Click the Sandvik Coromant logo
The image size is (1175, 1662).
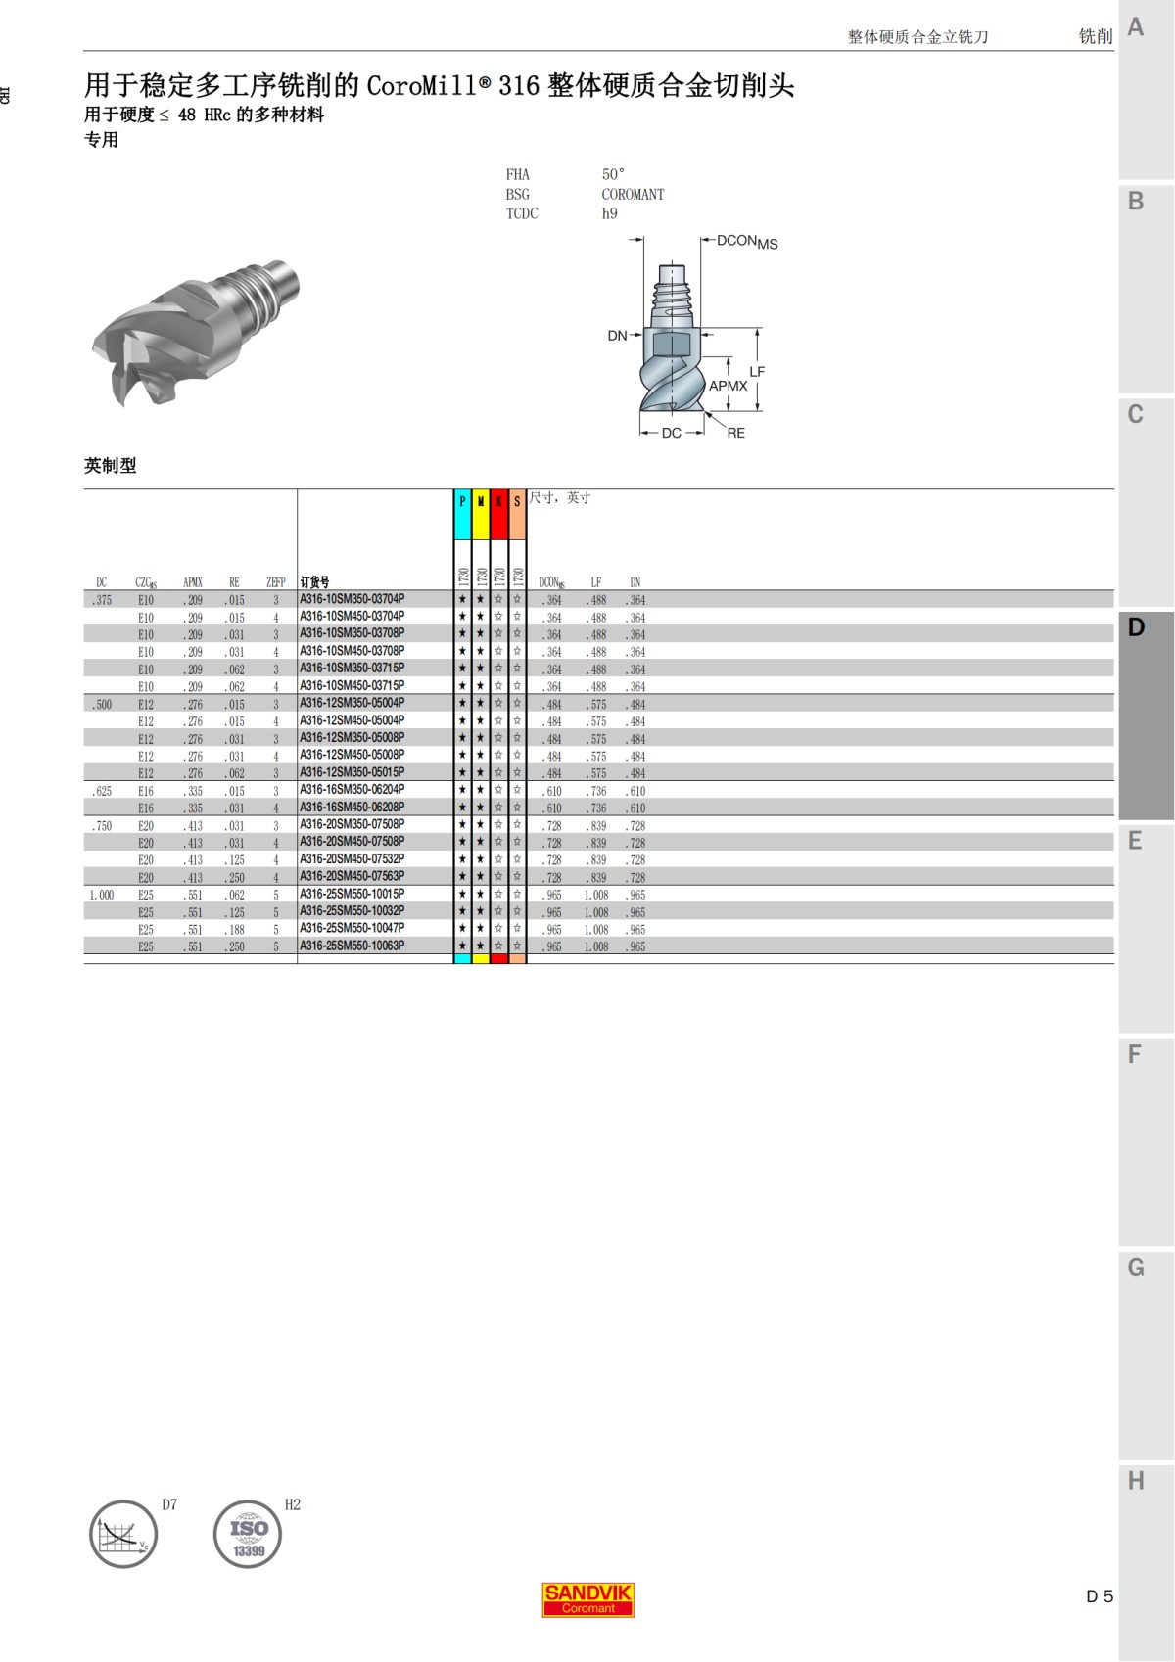point(588,1598)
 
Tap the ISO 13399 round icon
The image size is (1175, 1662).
point(248,1534)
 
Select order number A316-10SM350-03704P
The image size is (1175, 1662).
point(352,599)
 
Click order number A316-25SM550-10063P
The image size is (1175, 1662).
point(352,946)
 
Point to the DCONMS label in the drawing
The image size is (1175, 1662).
point(747,241)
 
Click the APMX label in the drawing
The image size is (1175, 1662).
point(728,386)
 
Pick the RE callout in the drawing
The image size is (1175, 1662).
point(735,433)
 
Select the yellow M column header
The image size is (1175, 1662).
point(481,501)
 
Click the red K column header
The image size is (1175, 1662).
point(498,501)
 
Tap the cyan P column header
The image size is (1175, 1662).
point(462,501)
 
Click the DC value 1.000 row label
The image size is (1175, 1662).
point(101,895)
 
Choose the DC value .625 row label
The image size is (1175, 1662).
point(102,791)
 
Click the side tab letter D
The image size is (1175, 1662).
point(1136,627)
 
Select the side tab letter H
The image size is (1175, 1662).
point(1136,1480)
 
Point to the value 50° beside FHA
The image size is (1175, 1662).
point(613,174)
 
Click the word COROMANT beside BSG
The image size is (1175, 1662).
point(633,194)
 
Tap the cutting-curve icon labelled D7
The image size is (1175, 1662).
point(123,1534)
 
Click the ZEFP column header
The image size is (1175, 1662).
point(275,582)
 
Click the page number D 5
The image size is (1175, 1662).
point(1100,1596)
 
